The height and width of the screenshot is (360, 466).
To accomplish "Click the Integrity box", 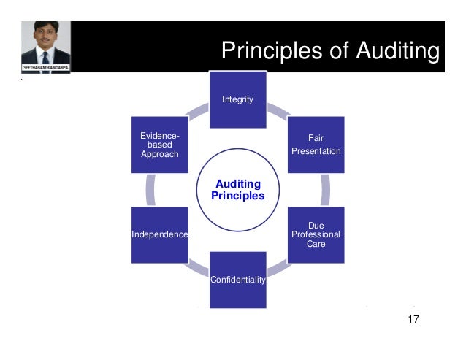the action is (237, 99).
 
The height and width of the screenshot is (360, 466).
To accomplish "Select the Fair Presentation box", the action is (316, 144).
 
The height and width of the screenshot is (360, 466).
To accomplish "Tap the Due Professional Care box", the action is (316, 234).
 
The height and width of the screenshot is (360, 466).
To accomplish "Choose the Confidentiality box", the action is (237, 279).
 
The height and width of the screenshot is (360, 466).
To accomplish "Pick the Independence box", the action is (159, 234).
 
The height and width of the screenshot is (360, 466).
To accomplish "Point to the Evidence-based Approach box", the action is (159, 144).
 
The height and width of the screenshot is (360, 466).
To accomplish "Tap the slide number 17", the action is (413, 319).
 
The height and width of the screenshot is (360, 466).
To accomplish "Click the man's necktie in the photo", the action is (45, 58).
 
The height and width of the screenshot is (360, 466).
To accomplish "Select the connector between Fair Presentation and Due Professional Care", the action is (325, 189).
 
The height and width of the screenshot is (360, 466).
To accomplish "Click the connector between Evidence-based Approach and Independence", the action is (150, 189).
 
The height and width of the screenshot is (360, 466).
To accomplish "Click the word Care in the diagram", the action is (316, 244).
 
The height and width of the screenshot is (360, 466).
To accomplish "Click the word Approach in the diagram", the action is (159, 154).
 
